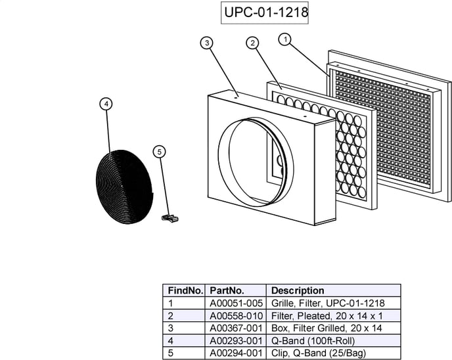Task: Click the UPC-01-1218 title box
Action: (x=265, y=12)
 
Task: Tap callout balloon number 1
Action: (x=285, y=39)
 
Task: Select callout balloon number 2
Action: (x=252, y=43)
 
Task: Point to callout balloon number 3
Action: (x=207, y=43)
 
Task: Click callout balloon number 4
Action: (x=106, y=103)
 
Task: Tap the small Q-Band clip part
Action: (x=170, y=217)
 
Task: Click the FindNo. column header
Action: (x=185, y=290)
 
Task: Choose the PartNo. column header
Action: (x=227, y=290)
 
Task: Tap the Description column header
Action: (x=298, y=290)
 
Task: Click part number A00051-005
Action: (x=236, y=304)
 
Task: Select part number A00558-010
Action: (x=236, y=316)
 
